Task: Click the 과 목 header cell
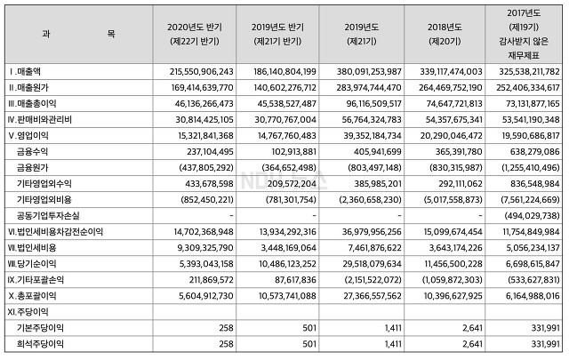coord(77,32)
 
